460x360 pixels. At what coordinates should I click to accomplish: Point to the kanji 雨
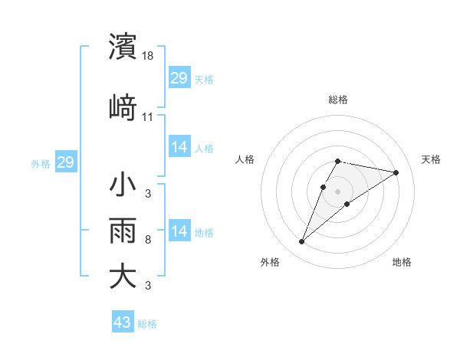[123, 231]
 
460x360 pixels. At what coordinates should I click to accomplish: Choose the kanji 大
[123, 276]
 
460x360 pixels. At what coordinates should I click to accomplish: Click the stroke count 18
[148, 56]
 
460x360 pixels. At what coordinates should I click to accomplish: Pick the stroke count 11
[148, 116]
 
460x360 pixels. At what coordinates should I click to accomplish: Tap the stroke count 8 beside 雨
[147, 240]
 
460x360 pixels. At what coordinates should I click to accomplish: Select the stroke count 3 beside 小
[147, 193]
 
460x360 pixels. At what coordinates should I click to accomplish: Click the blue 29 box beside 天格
[179, 78]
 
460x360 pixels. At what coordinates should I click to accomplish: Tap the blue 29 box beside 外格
[65, 162]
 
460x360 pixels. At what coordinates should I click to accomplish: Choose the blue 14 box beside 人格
[179, 147]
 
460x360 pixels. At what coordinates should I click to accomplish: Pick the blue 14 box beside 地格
[179, 231]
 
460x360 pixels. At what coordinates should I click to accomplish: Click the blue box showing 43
[122, 322]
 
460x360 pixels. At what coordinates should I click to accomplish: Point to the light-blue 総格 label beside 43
[147, 324]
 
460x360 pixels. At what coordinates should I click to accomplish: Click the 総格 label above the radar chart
[337, 100]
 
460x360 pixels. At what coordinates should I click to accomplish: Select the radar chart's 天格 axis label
[431, 159]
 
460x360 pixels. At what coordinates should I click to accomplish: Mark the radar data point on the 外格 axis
[302, 242]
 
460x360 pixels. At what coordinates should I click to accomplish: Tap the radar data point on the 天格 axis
[396, 172]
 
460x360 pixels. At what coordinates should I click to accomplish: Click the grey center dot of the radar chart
[337, 191]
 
